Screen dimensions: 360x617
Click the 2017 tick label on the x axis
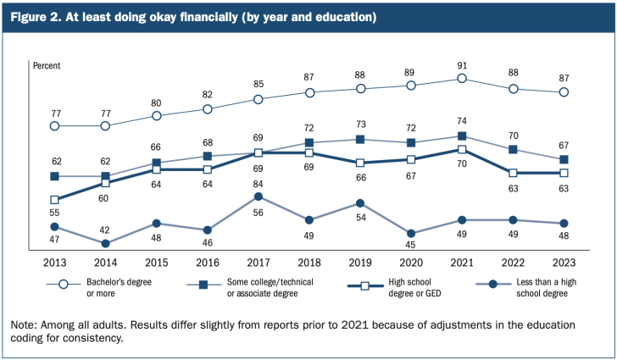[258, 263]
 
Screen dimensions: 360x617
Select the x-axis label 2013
[54, 263]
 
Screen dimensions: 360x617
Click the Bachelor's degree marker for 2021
[462, 78]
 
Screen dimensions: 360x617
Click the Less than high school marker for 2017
[258, 197]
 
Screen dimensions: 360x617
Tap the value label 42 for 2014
[105, 229]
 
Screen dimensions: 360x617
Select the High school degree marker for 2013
[54, 200]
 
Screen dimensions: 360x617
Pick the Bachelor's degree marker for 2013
[54, 125]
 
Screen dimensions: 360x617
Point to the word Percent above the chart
[47, 64]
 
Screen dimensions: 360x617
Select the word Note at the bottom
[25, 324]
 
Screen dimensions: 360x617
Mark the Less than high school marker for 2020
[411, 234]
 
